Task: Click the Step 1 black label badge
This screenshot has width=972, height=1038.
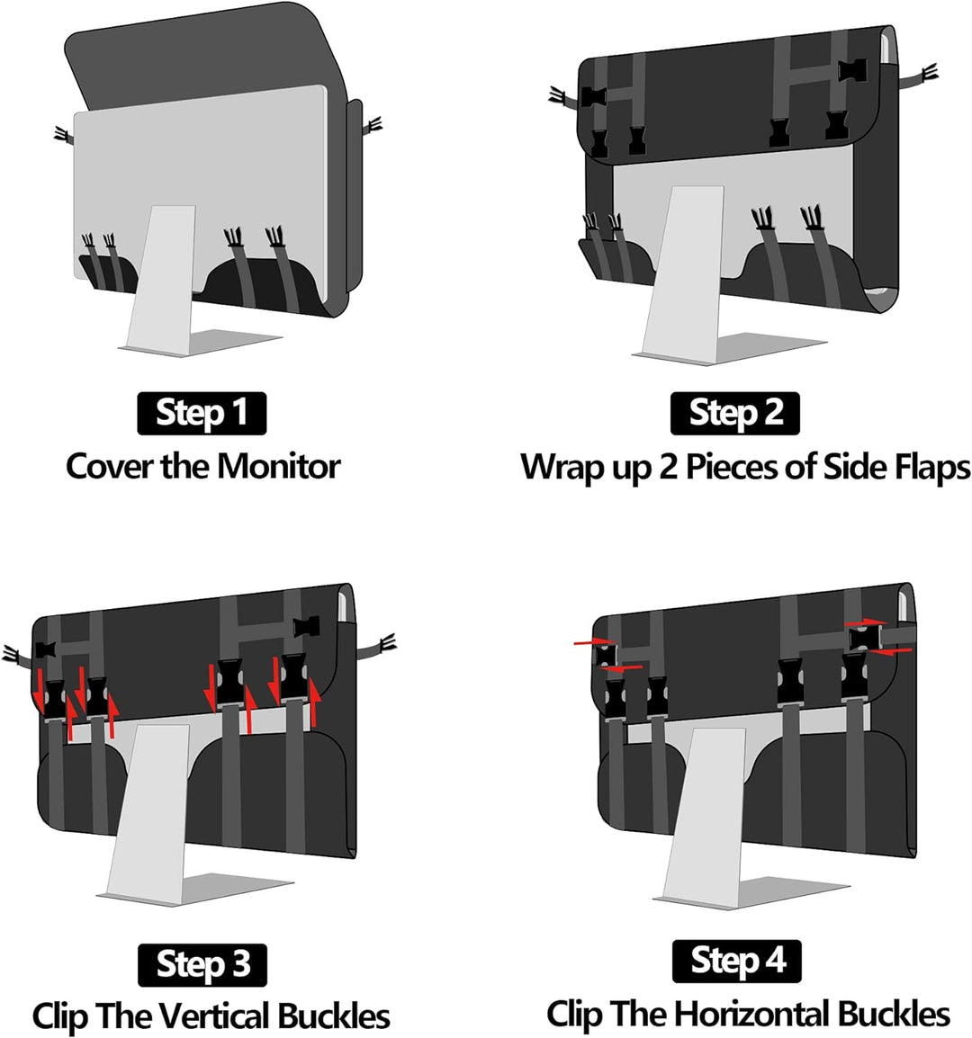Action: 202,413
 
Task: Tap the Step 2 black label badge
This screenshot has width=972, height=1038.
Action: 734,413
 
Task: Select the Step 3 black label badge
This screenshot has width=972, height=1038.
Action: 202,964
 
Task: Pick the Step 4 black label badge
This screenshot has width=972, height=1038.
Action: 736,961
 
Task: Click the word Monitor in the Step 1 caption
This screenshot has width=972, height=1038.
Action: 279,466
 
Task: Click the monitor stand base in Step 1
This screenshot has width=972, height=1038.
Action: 199,343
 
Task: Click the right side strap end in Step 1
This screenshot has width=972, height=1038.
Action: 373,125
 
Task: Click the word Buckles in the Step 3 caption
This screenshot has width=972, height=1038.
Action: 334,1016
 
